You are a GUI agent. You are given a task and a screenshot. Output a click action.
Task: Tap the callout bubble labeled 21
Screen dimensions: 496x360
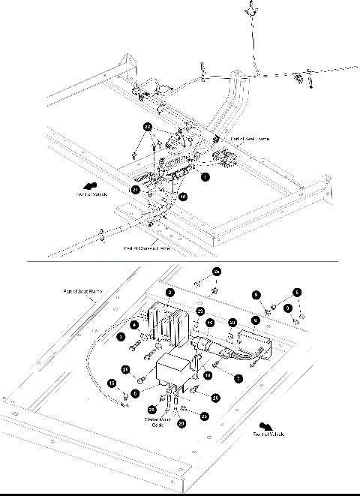(x=136, y=190)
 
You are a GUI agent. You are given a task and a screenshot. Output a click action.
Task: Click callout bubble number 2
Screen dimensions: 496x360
(x=171, y=292)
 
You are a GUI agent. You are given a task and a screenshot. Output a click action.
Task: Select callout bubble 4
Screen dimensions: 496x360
(x=133, y=324)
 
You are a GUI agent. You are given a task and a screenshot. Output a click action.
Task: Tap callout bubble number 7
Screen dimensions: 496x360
(x=238, y=380)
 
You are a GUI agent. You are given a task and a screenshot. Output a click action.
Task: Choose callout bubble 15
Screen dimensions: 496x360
(x=112, y=383)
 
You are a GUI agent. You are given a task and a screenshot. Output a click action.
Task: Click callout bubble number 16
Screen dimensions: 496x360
(x=211, y=322)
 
